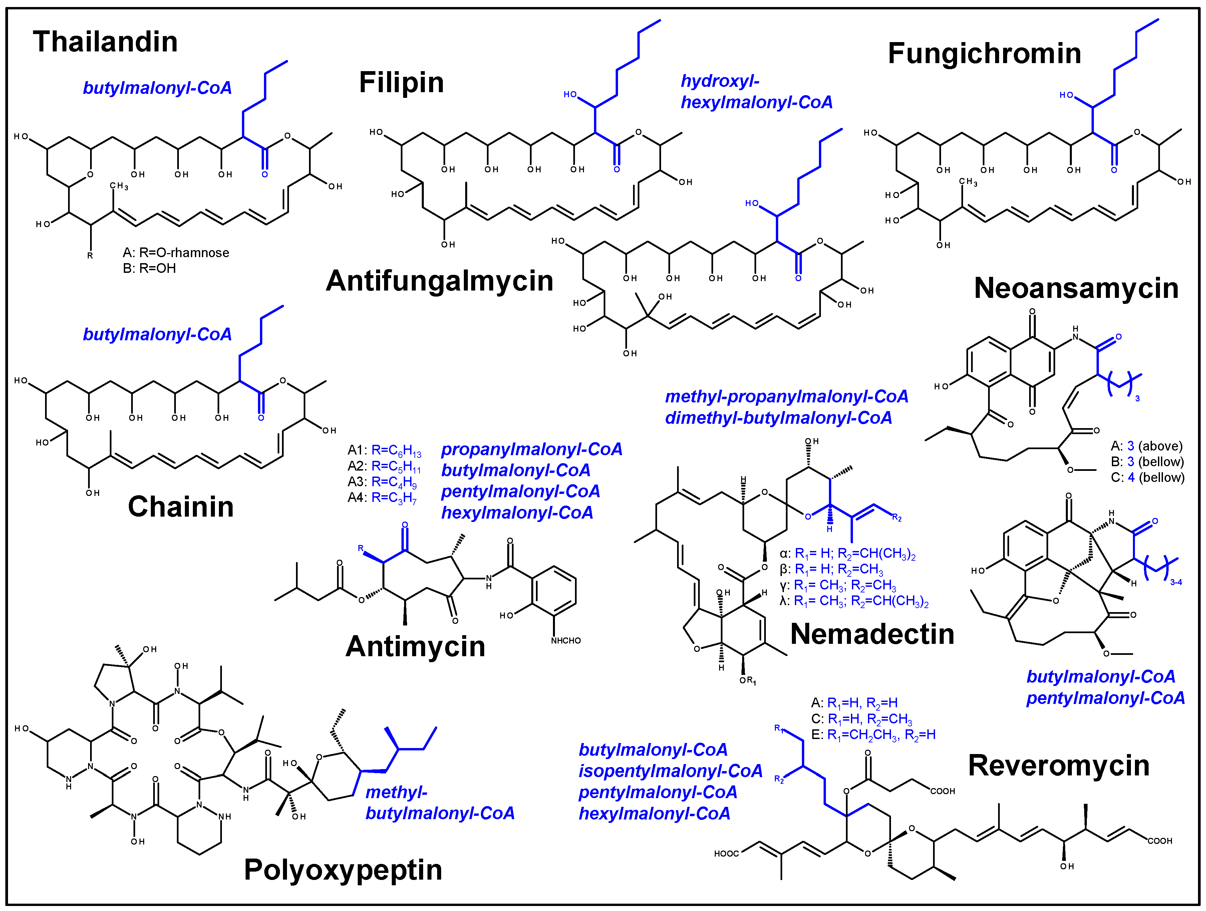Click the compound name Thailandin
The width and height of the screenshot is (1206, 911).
105,42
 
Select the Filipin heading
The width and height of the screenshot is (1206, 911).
401,83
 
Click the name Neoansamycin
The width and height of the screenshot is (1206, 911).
1076,288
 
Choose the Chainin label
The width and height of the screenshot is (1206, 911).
181,507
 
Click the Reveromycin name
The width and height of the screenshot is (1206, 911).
1059,765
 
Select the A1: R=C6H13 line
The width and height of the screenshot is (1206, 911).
384,450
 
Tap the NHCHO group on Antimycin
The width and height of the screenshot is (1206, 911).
565,641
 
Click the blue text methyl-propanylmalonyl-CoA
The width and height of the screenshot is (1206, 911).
786,397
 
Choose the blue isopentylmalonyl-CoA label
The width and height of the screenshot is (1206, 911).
670,771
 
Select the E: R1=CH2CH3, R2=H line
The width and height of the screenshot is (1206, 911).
873,735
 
